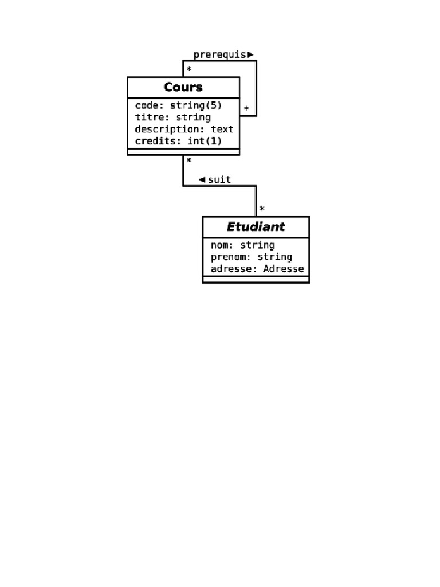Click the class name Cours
click(183, 87)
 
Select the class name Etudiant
click(256, 226)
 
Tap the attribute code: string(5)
click(178, 105)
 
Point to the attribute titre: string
click(172, 118)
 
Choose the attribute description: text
click(184, 130)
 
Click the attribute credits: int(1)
click(178, 141)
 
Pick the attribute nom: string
click(242, 245)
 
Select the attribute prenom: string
click(251, 257)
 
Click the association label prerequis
click(220, 55)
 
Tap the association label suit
click(219, 180)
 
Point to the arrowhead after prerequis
click(250, 55)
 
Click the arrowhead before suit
click(202, 180)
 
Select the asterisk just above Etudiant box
click(262, 209)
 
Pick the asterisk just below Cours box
click(189, 161)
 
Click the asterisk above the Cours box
click(189, 69)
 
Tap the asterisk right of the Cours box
click(246, 108)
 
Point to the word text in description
click(222, 130)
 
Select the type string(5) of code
click(196, 105)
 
